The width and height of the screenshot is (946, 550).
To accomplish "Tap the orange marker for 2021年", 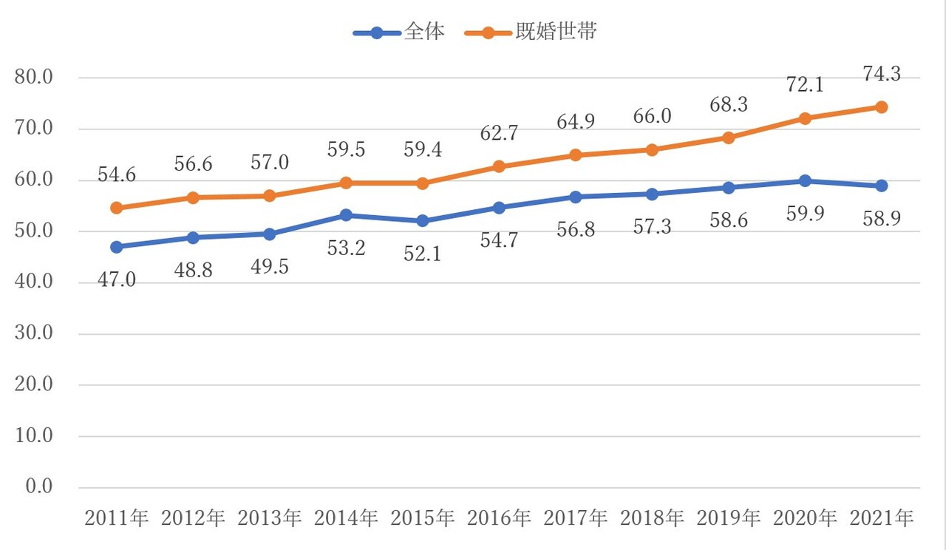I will click(x=881, y=107).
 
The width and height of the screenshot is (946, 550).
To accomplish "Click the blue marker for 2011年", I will click(x=116, y=247).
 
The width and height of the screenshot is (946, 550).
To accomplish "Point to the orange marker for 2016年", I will click(x=499, y=166).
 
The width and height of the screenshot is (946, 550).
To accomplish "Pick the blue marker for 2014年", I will click(x=346, y=215).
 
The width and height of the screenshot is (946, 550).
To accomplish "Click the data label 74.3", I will click(x=881, y=74).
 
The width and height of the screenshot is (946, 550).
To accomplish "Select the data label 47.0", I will click(x=116, y=280).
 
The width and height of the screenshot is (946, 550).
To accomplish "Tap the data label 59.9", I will click(x=805, y=214).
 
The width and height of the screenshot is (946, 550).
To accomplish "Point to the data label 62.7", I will click(x=499, y=134).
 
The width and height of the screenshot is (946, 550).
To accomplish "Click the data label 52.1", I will click(x=423, y=254).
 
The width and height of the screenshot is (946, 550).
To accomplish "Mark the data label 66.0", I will click(x=652, y=117).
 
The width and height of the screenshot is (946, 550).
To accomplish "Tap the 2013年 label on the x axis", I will click(x=270, y=518).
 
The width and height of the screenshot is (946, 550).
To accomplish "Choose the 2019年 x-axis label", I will click(x=729, y=518).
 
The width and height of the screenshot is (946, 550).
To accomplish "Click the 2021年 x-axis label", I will click(x=881, y=518).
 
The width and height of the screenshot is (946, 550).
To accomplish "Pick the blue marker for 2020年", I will click(x=805, y=181).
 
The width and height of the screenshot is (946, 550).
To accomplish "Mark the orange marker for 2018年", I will click(x=652, y=150).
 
